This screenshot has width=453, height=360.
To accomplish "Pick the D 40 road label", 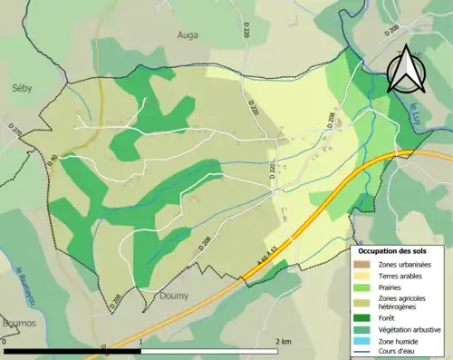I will [x=53, y=161].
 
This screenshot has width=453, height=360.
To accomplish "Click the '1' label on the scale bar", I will [x=141, y=342].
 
